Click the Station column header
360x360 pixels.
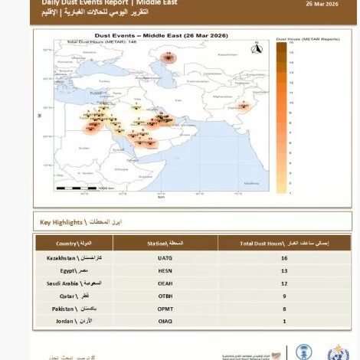point(165,243)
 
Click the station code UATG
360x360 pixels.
point(165,258)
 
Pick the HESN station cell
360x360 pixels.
point(165,271)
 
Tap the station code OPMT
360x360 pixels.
point(165,311)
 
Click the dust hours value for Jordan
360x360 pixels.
point(263,323)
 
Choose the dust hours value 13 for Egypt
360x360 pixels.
point(263,271)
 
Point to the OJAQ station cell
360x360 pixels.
point(165,323)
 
